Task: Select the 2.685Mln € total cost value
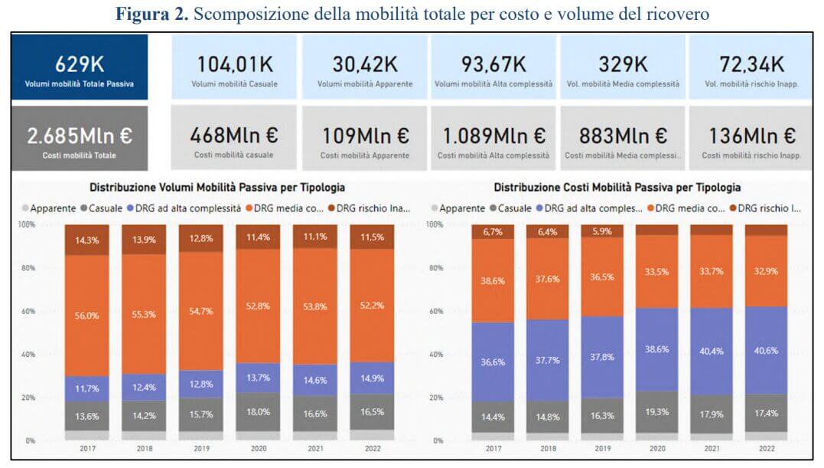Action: (x=80, y=136)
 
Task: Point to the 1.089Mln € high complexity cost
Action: (x=493, y=136)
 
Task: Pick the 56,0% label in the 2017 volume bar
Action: (x=86, y=316)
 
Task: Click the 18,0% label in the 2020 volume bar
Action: (x=257, y=411)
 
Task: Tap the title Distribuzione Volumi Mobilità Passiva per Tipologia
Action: (x=217, y=187)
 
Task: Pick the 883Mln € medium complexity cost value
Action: (x=623, y=136)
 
